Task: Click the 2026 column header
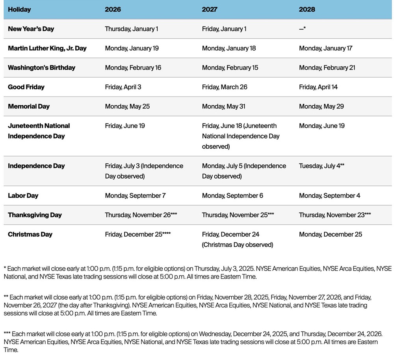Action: [x=113, y=9]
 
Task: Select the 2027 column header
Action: [x=210, y=9]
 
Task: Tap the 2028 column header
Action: [x=307, y=9]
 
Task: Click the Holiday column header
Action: [x=19, y=9]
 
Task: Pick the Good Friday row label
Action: [x=26, y=87]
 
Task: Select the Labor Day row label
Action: [x=23, y=196]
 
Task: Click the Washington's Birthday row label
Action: [x=41, y=67]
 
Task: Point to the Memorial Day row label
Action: [x=29, y=106]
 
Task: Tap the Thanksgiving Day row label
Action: [x=35, y=215]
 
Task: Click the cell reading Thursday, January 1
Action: [x=131, y=29]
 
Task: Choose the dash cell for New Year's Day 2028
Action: [x=302, y=29]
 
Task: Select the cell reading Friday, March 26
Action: [x=225, y=87]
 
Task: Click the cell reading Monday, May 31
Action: [x=223, y=106]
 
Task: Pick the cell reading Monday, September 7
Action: [x=135, y=196]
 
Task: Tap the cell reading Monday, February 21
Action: [x=327, y=67]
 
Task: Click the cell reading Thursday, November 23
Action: [x=335, y=215]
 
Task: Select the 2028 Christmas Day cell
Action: [x=330, y=234]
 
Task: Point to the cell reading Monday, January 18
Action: [x=229, y=48]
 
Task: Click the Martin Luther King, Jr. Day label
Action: [x=47, y=48]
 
